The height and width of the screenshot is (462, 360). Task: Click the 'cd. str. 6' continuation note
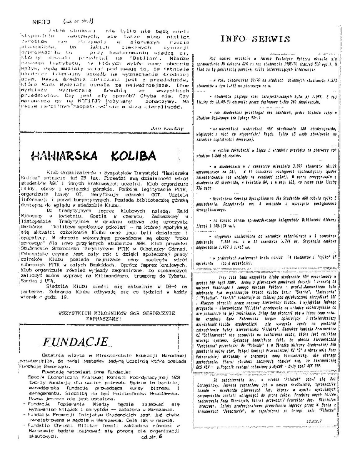(x=152, y=447)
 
